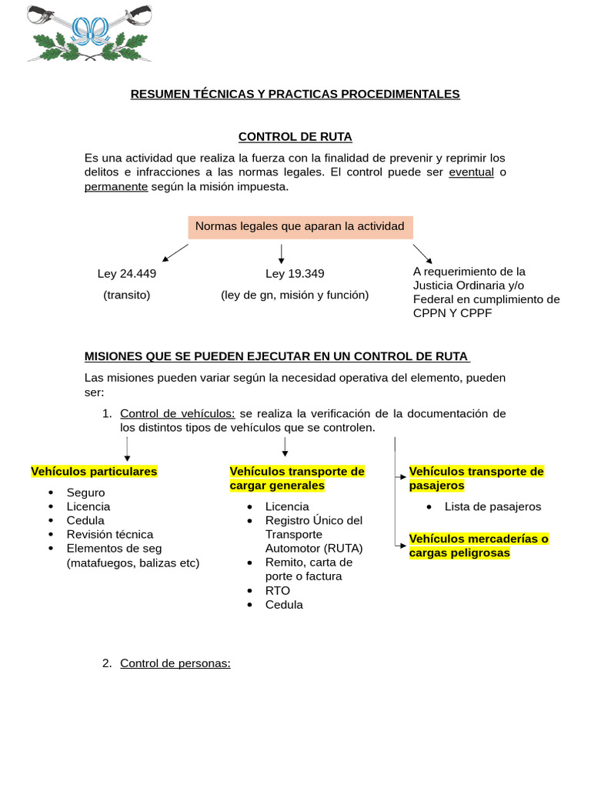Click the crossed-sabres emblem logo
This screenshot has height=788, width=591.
coord(88,33)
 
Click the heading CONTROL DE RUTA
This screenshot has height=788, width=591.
coord(295,137)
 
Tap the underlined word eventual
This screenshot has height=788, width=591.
coord(471,172)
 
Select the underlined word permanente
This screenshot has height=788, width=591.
coord(115,187)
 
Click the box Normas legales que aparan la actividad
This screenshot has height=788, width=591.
coord(300,226)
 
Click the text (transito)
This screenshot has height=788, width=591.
coord(127,295)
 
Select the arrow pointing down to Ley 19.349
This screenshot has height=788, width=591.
coord(282,254)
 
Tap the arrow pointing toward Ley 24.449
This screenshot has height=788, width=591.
coord(175,252)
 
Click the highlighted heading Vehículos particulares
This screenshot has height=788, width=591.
coord(94,471)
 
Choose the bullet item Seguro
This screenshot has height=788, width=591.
coord(85,492)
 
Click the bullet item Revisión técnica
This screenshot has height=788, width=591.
coord(110,534)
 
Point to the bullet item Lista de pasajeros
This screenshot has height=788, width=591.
coord(492,506)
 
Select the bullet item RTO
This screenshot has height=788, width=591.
coord(278,590)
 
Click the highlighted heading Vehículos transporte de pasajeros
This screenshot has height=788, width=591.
coord(476,478)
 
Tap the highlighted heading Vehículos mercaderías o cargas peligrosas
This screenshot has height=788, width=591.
coord(479,546)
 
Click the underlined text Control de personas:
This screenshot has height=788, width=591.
coord(175,663)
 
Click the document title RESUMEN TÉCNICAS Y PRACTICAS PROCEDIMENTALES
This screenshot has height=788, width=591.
coord(295,94)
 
